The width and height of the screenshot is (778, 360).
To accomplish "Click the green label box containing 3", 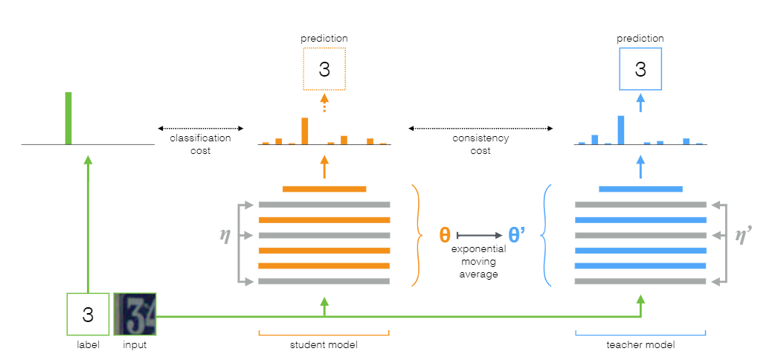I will point(88,315).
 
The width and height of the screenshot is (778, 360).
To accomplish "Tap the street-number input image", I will point(135,315).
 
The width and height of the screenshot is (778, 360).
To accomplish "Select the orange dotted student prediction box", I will point(324,69).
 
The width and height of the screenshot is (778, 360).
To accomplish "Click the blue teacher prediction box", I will point(640,69).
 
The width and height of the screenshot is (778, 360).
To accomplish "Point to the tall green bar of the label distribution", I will point(68,118).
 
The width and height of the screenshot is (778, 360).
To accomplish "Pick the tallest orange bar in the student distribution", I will point(304,130).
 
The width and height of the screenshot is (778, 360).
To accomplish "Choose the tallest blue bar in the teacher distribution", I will point(621,129).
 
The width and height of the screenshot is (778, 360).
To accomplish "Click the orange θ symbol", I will point(445,235).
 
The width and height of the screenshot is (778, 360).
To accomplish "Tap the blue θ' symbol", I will point(518,235).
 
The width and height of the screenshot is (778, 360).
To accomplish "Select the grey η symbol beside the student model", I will point(225,235).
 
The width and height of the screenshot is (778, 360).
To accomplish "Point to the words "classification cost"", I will point(200,144).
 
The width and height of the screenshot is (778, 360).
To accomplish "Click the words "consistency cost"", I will point(480,144).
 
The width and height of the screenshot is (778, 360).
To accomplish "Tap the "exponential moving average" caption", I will point(480,261).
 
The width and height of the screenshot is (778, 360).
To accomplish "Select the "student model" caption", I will point(324,344).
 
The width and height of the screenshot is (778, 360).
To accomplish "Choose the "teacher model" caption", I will point(640,344).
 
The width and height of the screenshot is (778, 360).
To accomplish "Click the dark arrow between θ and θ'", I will point(480,235).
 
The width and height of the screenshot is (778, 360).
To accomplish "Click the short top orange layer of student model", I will point(324,189).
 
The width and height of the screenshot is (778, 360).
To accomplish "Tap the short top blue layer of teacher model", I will point(640,189).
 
